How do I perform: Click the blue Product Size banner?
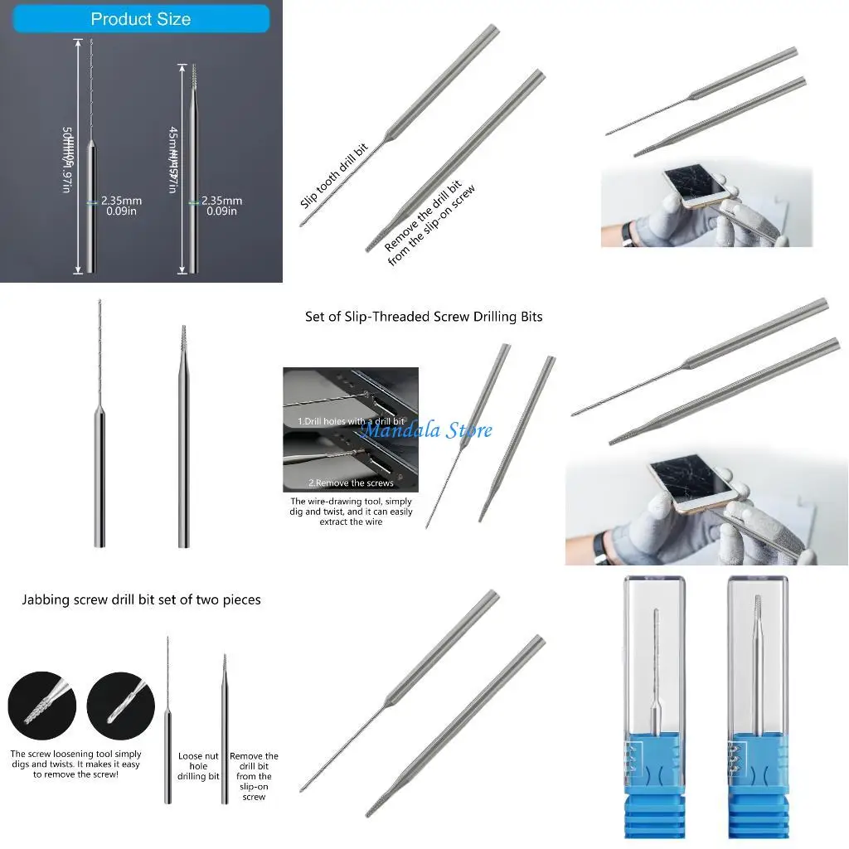(x=140, y=19)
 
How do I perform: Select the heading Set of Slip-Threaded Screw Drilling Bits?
(x=424, y=317)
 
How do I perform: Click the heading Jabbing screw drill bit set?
(x=141, y=599)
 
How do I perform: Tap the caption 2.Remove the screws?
(x=351, y=483)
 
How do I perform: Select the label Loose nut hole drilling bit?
(x=199, y=766)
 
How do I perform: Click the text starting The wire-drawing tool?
(x=351, y=512)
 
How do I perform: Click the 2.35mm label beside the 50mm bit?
(x=121, y=206)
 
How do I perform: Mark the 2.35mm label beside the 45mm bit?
(x=221, y=206)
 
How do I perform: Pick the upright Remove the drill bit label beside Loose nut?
(x=254, y=776)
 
